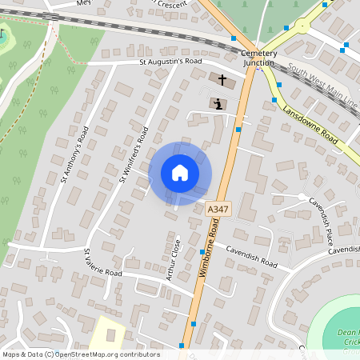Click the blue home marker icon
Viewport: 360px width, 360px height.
[x=180, y=173]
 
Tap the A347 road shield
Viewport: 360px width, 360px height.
[x=213, y=208]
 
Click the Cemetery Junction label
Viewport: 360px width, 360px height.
[x=259, y=58]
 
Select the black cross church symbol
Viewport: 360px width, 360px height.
[x=222, y=80]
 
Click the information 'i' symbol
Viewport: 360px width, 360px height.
[x=218, y=104]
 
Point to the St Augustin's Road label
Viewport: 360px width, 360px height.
[x=170, y=61]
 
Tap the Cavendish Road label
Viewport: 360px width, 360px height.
[x=250, y=256]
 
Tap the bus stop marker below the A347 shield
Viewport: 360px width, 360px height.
[x=202, y=252]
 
